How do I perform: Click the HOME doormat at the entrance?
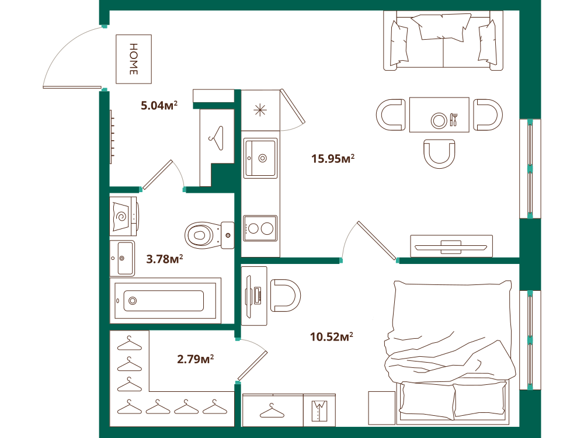pos(134,59)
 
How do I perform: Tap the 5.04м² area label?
pos(159,105)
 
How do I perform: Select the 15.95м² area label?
pos(333,159)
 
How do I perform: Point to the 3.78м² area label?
pos(164,259)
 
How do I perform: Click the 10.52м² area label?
pos(332,337)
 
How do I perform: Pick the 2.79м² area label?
pos(195,359)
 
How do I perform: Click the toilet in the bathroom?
pos(209,235)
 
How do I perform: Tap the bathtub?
pos(165,301)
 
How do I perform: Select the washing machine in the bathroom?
pos(124,217)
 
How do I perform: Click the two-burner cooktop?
pos(260,228)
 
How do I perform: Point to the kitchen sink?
pos(260,158)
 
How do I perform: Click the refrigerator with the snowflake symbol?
pos(260,110)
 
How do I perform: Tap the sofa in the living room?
pos(443,40)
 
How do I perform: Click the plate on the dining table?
pos(439,120)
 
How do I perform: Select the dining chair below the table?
pos(439,154)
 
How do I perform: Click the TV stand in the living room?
pos(451,246)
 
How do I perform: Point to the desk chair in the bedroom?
pos(286,296)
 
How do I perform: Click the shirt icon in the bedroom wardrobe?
pos(319,411)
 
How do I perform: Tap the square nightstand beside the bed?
pos(382,408)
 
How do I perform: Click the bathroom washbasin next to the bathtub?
pos(122,258)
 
